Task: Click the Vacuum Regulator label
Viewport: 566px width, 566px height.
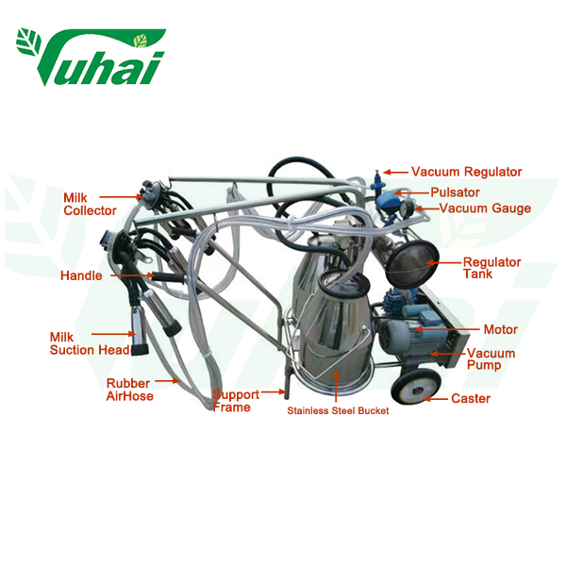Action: (466, 173)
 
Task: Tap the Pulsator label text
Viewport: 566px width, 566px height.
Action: (455, 192)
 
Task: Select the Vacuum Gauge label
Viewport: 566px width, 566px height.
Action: (485, 208)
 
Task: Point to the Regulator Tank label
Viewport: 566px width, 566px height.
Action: (492, 268)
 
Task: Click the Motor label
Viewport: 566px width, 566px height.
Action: (500, 329)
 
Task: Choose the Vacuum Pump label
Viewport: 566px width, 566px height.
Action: (491, 358)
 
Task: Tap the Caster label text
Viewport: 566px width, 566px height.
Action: (471, 398)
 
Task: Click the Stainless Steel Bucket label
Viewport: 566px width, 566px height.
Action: (338, 410)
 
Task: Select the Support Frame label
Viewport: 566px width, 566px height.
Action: (236, 401)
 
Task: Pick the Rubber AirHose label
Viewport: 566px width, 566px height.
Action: (129, 390)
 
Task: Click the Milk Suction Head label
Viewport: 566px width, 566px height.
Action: (90, 343)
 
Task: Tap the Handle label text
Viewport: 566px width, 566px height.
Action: (81, 275)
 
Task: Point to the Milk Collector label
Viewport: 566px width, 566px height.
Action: (90, 205)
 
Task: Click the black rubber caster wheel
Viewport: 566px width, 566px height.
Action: (416, 387)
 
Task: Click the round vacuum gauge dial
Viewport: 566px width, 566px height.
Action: (407, 208)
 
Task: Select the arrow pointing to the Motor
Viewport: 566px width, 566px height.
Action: (446, 329)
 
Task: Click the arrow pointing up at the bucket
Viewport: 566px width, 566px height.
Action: (336, 386)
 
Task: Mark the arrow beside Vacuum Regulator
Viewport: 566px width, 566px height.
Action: (395, 173)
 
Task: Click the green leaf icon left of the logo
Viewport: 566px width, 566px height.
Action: (29, 42)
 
